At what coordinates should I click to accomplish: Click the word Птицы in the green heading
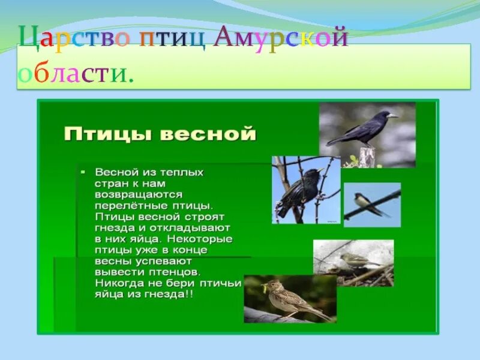click(108, 134)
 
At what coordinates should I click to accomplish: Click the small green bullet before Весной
click(83, 172)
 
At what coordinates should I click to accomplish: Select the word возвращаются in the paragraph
click(139, 195)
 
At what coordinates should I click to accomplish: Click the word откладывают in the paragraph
click(190, 228)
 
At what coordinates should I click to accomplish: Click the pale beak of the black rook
click(392, 116)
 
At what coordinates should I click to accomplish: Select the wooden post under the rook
click(367, 157)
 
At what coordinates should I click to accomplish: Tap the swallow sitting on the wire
click(369, 203)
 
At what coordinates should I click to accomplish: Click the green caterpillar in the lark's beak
click(263, 288)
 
